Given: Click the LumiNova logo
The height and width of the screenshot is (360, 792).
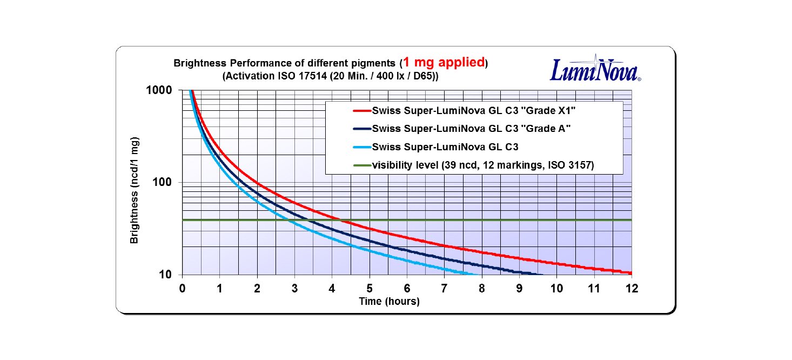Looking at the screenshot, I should pyautogui.click(x=595, y=69).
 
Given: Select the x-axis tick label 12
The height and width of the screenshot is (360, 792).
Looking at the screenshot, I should pyautogui.click(x=632, y=288).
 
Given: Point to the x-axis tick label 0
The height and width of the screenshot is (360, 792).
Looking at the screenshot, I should pyautogui.click(x=182, y=288).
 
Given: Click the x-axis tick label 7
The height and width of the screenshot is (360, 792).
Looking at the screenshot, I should pyautogui.click(x=444, y=288).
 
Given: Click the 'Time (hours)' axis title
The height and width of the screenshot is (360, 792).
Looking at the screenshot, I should pyautogui.click(x=389, y=302).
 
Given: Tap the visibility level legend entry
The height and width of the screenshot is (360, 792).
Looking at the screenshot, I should pyautogui.click(x=483, y=165).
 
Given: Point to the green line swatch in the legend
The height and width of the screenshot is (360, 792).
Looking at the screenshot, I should pyautogui.click(x=361, y=165).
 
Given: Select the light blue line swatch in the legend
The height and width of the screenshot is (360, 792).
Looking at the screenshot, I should pyautogui.click(x=361, y=147).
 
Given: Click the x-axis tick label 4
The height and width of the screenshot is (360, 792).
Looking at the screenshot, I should pyautogui.click(x=332, y=288).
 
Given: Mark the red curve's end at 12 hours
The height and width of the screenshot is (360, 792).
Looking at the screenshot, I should pyautogui.click(x=630, y=273).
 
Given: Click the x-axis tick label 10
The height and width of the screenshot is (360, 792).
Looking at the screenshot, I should pyautogui.click(x=556, y=288).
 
